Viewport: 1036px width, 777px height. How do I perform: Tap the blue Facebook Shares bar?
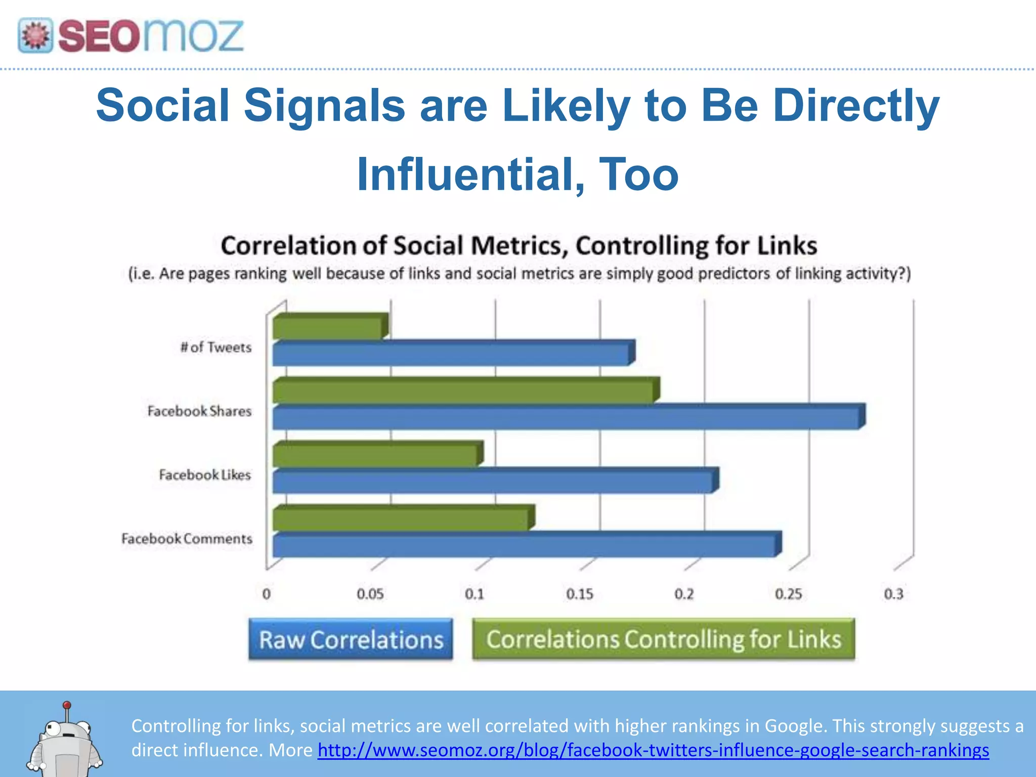pos(567,417)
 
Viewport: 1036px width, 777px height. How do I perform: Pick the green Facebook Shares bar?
pos(463,391)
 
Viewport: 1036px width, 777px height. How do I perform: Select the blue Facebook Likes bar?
pos(493,481)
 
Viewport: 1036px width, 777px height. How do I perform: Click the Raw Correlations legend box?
pos(351,639)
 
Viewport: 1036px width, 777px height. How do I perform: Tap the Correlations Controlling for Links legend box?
pos(663,639)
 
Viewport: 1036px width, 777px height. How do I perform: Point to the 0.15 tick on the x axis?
pos(579,594)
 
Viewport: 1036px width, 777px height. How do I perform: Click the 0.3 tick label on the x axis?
pos(893,594)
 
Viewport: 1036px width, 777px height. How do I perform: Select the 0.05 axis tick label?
pos(370,594)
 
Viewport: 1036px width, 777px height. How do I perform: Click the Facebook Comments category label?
pos(187,539)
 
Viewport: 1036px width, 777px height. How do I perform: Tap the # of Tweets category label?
pos(216,348)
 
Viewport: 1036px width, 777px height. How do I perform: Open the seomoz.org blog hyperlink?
pos(653,750)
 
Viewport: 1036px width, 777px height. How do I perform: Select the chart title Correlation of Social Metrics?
pos(519,246)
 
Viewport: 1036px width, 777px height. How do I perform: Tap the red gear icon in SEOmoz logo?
pos(35,36)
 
